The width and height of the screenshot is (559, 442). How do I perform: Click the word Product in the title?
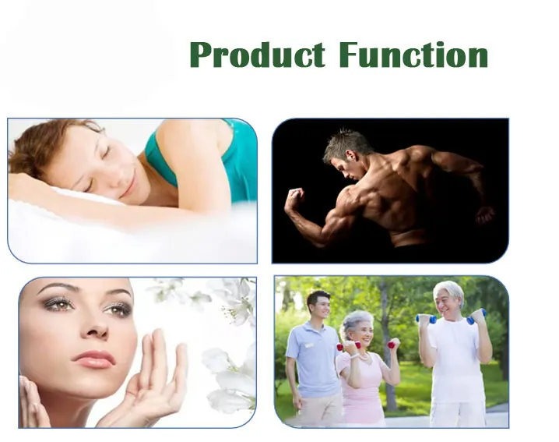pyautogui.click(x=257, y=56)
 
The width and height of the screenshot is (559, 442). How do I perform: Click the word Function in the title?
pyautogui.click(x=413, y=56)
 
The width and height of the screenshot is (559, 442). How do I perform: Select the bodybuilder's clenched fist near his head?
pyautogui.click(x=294, y=200)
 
